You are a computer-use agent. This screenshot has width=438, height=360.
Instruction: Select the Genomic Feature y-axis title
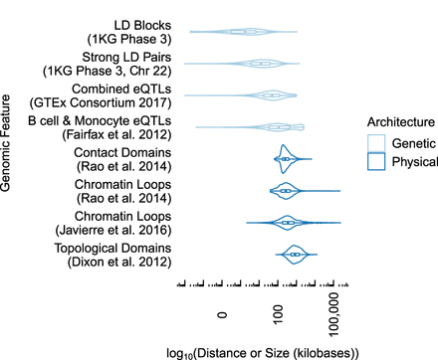[x=9, y=141]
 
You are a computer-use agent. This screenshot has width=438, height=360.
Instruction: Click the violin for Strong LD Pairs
[x=261, y=64]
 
